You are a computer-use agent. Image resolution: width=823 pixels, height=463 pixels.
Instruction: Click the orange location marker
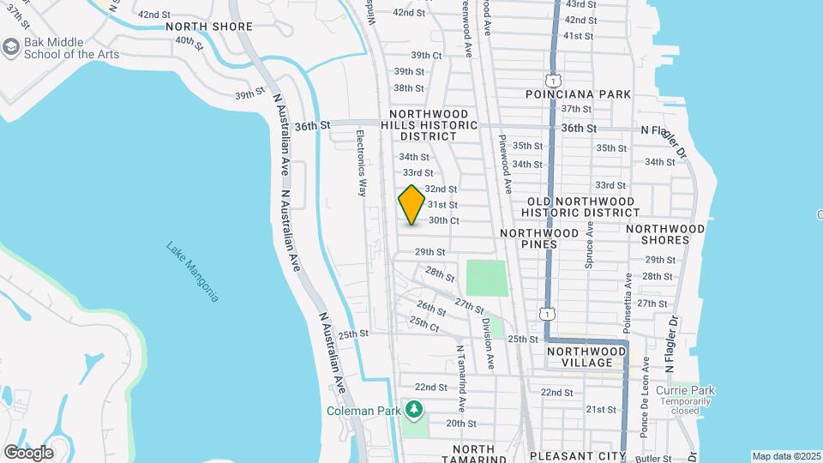(x=412, y=205)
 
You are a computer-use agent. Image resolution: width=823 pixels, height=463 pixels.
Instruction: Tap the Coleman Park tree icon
(x=415, y=409)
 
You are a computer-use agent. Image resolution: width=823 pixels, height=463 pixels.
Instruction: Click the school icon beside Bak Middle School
(x=11, y=46)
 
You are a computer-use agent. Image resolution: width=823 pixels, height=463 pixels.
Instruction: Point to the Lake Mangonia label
(x=194, y=271)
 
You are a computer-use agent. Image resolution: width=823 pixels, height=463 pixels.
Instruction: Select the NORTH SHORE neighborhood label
(x=209, y=27)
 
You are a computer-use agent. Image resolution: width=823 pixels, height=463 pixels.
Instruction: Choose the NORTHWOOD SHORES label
(x=665, y=235)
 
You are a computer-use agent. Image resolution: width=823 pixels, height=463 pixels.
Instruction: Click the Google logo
(x=29, y=452)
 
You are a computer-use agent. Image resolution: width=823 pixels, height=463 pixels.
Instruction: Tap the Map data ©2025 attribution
(x=787, y=456)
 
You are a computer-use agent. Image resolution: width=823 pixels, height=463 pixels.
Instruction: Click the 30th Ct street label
(x=445, y=220)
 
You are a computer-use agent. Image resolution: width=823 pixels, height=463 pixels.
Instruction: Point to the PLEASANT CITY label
(x=576, y=456)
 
